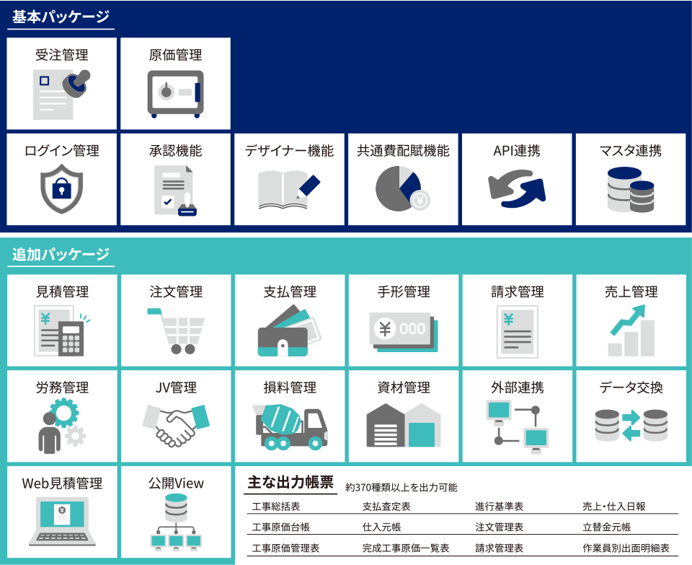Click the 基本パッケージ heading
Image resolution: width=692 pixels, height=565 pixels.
[x=61, y=17]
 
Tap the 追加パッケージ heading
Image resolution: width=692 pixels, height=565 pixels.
[x=61, y=254]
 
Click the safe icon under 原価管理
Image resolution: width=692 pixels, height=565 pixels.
[x=176, y=94]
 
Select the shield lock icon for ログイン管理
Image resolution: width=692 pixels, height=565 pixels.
[x=62, y=188]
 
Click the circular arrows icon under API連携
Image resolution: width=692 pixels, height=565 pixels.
[x=517, y=188]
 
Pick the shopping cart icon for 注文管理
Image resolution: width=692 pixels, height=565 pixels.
[x=176, y=331]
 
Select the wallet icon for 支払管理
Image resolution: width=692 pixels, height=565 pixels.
[x=290, y=331]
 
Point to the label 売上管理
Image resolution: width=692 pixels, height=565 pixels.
[x=631, y=292]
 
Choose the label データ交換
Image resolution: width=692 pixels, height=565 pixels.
[x=631, y=387]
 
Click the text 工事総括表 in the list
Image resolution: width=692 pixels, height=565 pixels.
[x=276, y=507]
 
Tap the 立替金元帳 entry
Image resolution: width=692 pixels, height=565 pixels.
[x=607, y=527]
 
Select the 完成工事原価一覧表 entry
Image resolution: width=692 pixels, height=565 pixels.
[x=406, y=548]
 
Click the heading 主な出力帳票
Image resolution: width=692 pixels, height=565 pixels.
[x=290, y=482]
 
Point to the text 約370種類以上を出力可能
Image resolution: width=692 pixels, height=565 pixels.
[x=402, y=487]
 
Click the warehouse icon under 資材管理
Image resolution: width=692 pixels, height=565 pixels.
[x=404, y=426]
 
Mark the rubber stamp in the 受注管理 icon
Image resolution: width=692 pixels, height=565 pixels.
[x=76, y=84]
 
